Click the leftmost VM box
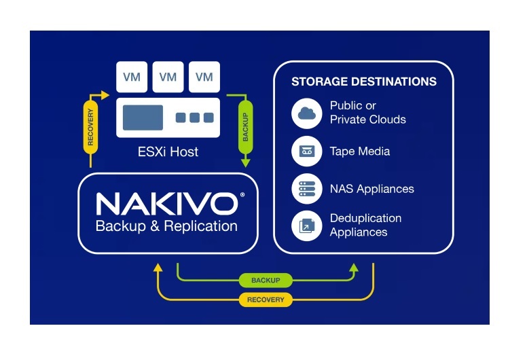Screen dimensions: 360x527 pyautogui.click(x=132, y=77)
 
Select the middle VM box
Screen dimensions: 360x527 pyautogui.click(x=168, y=77)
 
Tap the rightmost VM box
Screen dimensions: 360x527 pyautogui.click(x=204, y=77)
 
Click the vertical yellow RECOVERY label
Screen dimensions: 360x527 pyautogui.click(x=91, y=126)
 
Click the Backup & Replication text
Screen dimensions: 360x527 pyautogui.click(x=166, y=226)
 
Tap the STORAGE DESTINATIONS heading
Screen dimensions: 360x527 pyautogui.click(x=363, y=82)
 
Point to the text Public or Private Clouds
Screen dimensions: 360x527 pyautogui.click(x=367, y=113)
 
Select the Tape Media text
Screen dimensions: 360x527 pyautogui.click(x=360, y=151)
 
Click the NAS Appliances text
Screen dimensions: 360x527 pyautogui.click(x=371, y=189)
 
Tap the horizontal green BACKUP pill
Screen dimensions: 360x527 pyautogui.click(x=266, y=280)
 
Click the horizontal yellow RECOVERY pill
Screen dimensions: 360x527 pyautogui.click(x=266, y=299)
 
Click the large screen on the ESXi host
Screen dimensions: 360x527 pyautogui.click(x=142, y=118)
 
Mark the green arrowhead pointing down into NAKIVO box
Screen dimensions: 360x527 pyautogui.click(x=246, y=163)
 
